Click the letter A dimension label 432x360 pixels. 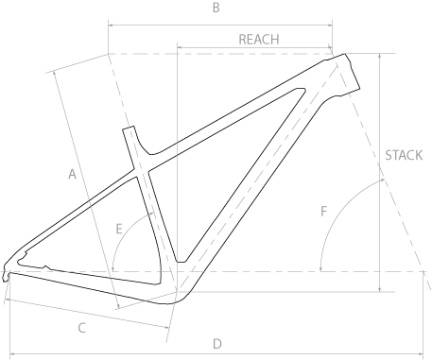(x=73, y=174)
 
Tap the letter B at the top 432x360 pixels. (x=216, y=8)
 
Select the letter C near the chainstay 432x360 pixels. (x=82, y=328)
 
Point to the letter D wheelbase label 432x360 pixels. (x=217, y=344)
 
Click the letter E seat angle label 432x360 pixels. (x=119, y=229)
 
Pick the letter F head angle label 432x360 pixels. (x=323, y=212)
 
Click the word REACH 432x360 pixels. (x=259, y=40)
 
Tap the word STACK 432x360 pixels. (x=404, y=155)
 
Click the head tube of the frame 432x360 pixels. (x=346, y=74)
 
